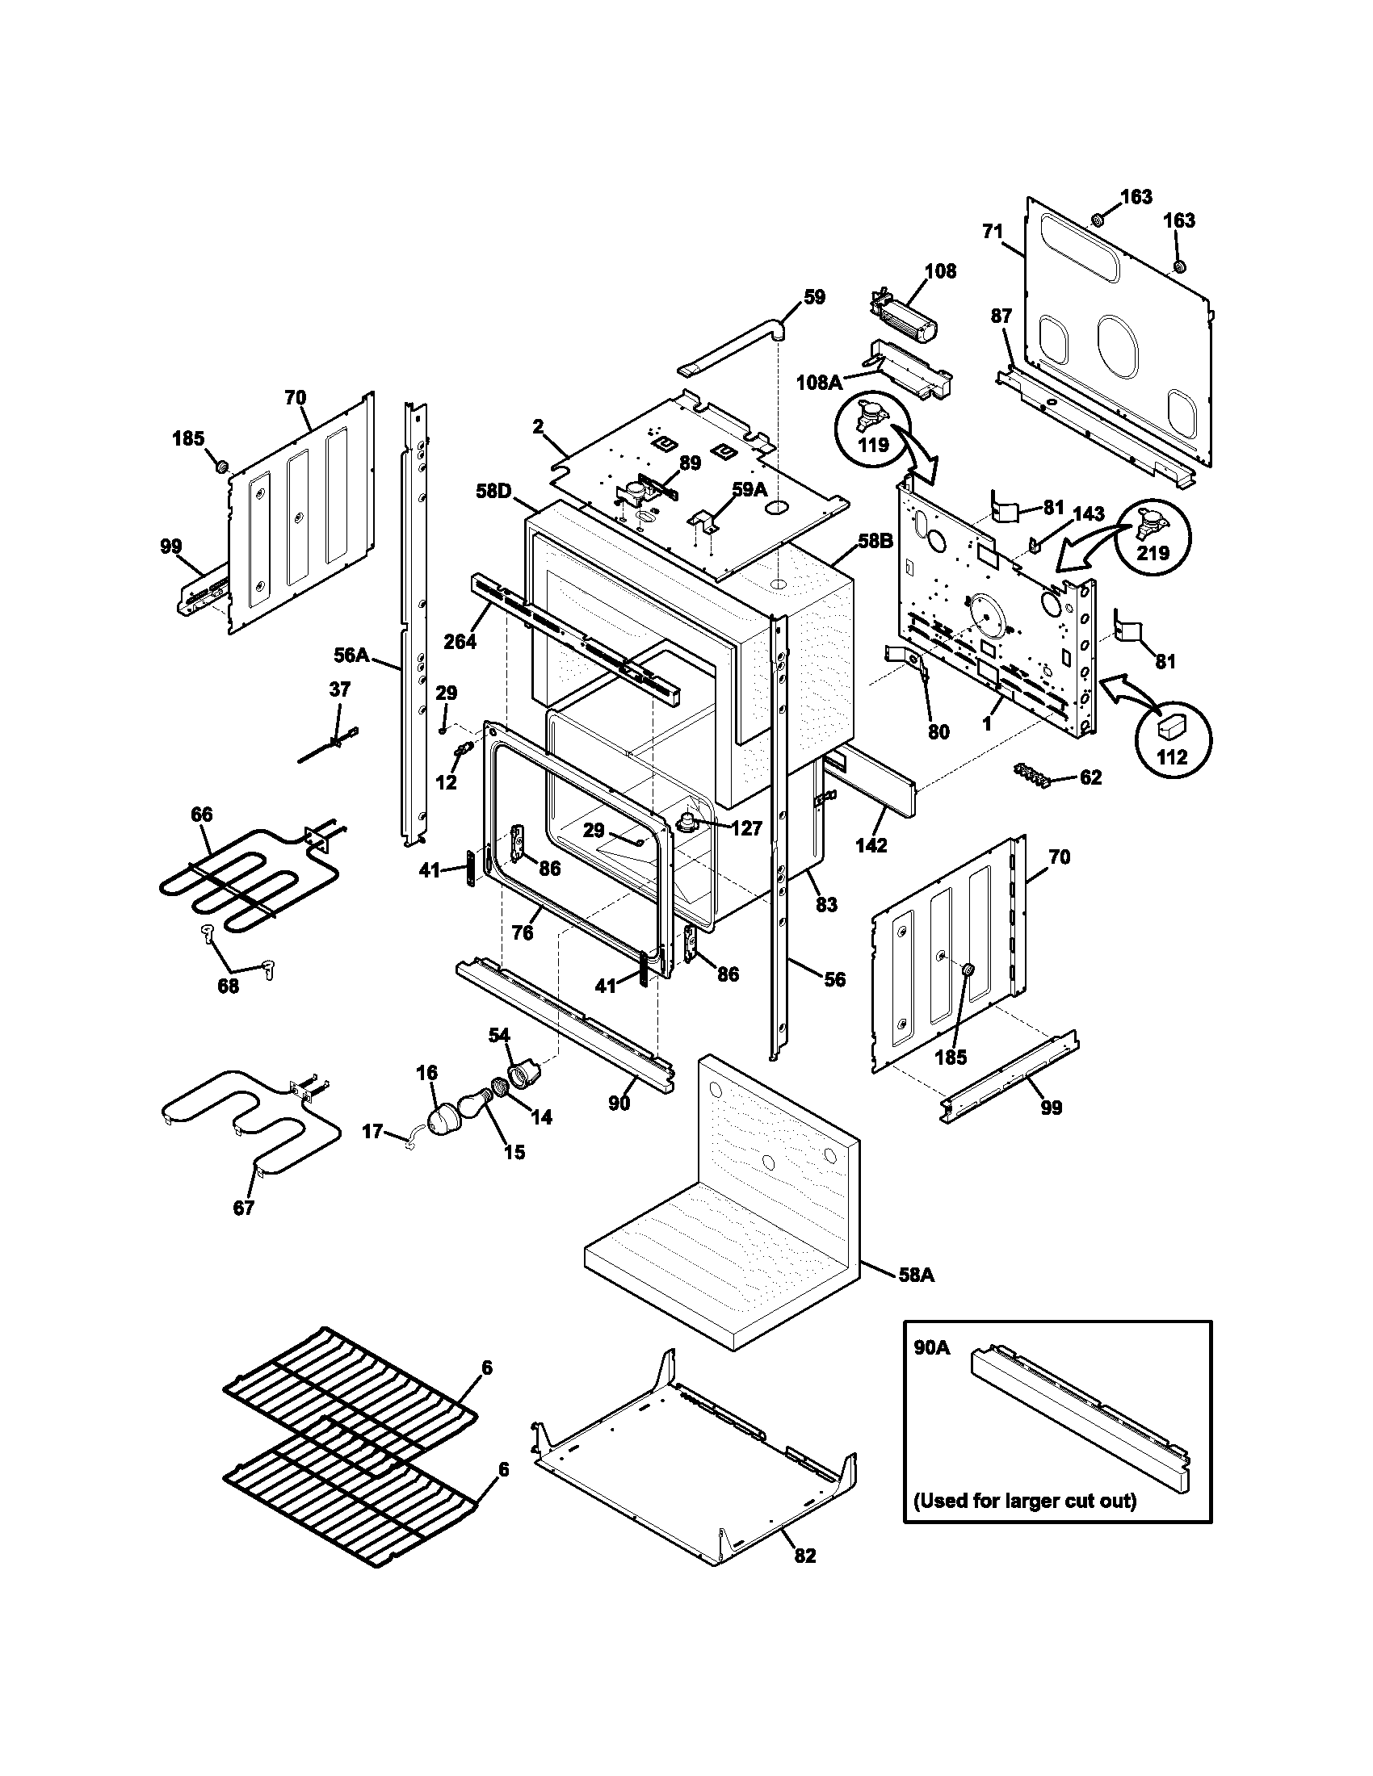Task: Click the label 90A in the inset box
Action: click(930, 1348)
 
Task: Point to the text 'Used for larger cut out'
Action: click(1024, 1501)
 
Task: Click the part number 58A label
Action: click(917, 1275)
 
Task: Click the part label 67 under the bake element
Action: click(244, 1230)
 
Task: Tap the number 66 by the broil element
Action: click(202, 814)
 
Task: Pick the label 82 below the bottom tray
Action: click(804, 1555)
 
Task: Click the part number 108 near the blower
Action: click(940, 270)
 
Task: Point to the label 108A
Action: click(819, 381)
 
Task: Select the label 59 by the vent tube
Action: click(813, 297)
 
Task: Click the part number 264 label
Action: click(460, 642)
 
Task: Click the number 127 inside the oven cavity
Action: click(746, 827)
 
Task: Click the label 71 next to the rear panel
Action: click(993, 232)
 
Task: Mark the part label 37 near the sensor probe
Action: click(339, 689)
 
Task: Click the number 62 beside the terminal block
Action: click(1090, 777)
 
